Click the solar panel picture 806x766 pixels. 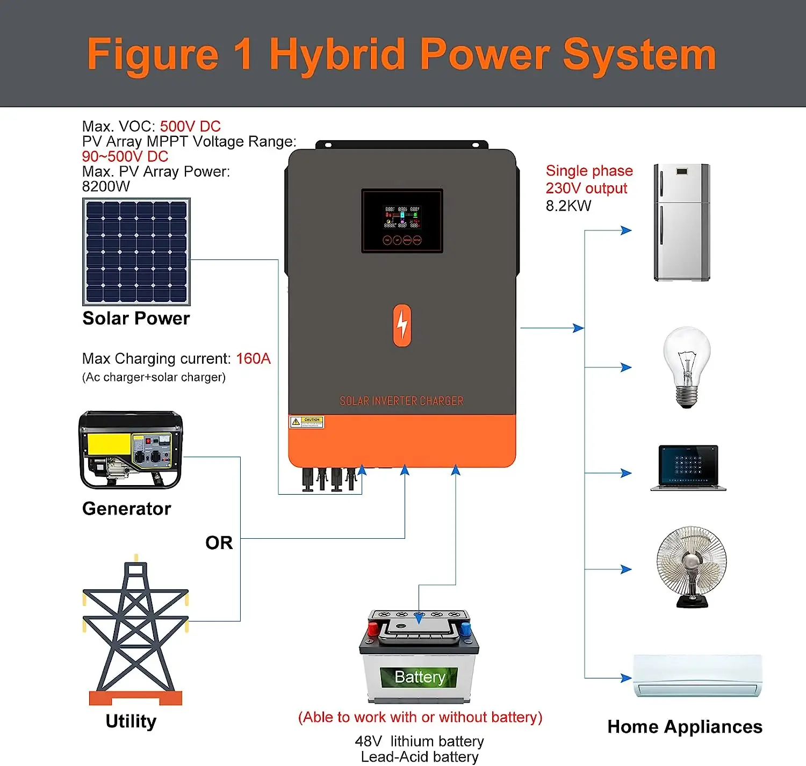[136, 251]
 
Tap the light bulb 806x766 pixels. [687, 366]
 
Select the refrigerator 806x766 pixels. [681, 222]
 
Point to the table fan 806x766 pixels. [692, 566]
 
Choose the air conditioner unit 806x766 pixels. [697, 675]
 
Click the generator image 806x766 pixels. [131, 450]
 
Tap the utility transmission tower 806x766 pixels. [135, 632]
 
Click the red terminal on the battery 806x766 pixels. [372, 628]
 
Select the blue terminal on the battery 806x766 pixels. [465, 628]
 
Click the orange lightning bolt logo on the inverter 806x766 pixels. [402, 325]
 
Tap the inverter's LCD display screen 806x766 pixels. [402, 220]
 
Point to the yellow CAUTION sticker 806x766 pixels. [306, 422]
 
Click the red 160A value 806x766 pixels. [253, 358]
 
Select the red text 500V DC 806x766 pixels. [190, 126]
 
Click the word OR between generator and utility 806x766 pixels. [219, 543]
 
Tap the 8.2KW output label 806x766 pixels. [568, 206]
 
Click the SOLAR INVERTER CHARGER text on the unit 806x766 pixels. [401, 401]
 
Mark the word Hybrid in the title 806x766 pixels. [337, 55]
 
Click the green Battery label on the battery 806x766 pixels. [420, 677]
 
